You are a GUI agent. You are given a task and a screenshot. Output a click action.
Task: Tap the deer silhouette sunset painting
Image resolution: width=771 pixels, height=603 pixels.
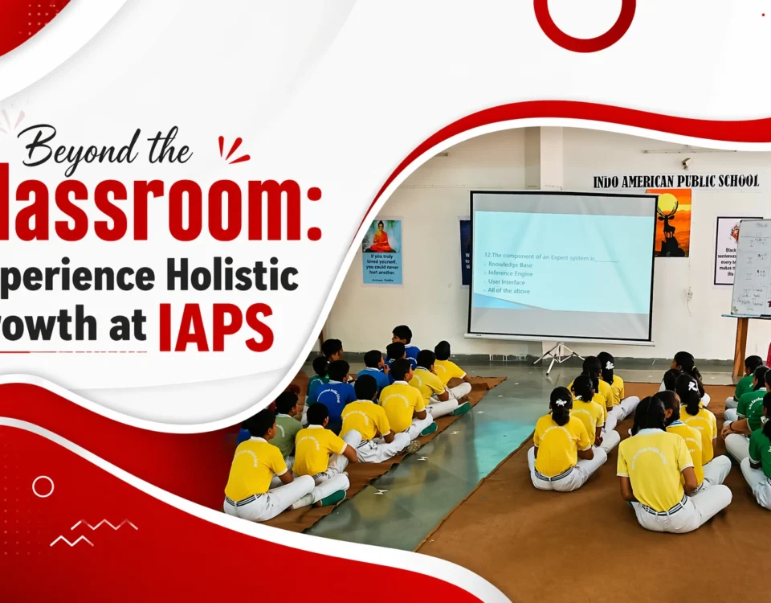coord(668,223)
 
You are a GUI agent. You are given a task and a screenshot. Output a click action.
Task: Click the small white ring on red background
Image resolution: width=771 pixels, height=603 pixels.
coord(43,486)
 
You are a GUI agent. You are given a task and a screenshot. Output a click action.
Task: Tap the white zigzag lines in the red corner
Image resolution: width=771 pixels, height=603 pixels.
coord(93,532)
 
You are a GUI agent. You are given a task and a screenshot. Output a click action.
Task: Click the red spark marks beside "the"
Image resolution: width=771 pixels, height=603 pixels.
coord(233,150)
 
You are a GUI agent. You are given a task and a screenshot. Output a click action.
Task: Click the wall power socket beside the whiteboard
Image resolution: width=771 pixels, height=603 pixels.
coord(688,293)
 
